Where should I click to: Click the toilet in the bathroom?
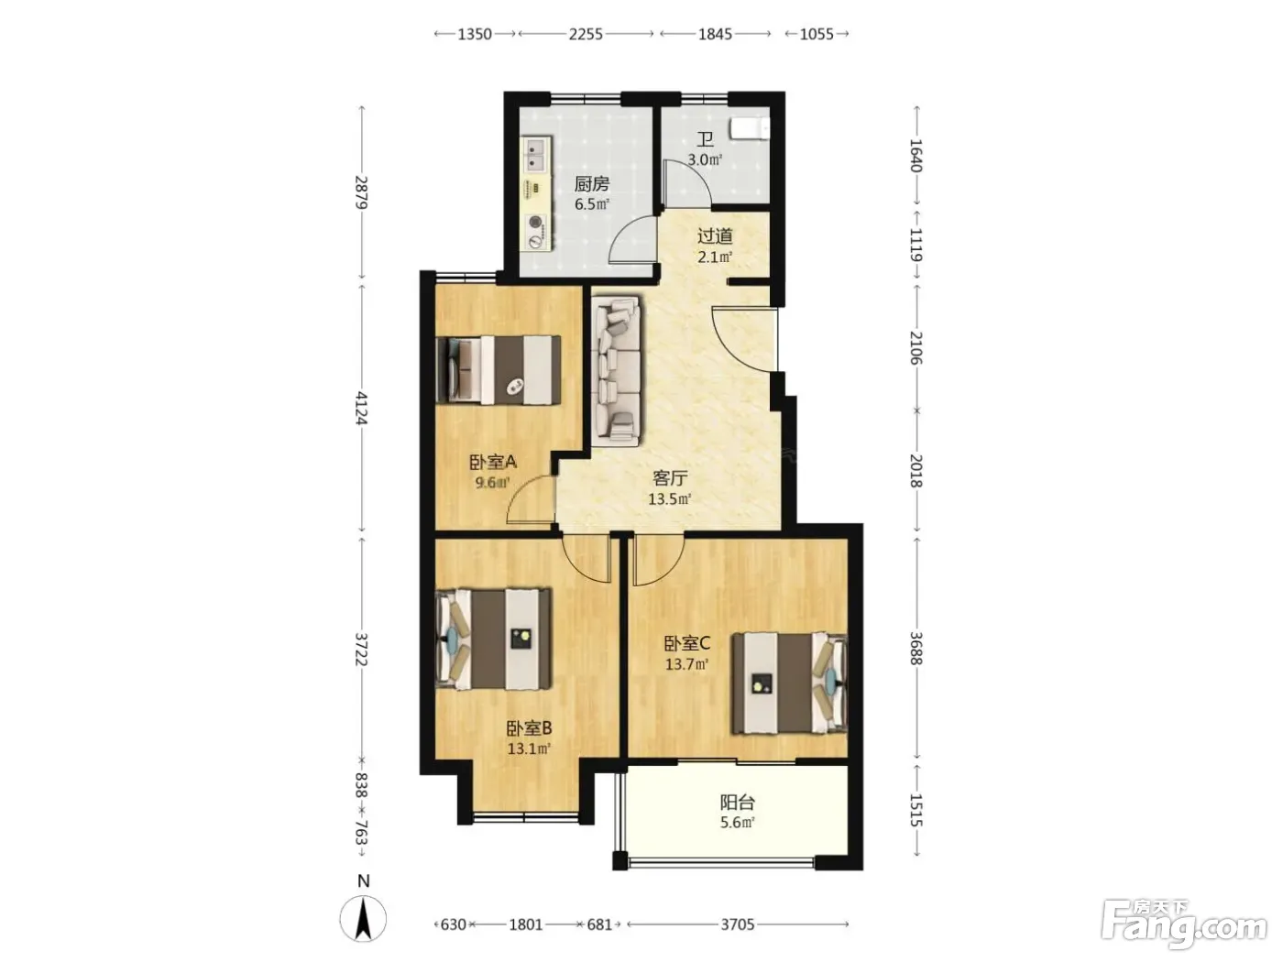[x=750, y=129]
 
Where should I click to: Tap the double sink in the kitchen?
[x=126, y=154]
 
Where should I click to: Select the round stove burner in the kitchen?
[x=126, y=222]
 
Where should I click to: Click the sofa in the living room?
[x=616, y=371]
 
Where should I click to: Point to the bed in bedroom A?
[x=499, y=369]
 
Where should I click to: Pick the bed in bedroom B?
[x=495, y=639]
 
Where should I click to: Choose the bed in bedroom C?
[x=789, y=683]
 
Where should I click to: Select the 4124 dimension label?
[x=362, y=408]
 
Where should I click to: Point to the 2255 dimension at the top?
[x=586, y=34]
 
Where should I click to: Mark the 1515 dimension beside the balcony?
[x=916, y=810]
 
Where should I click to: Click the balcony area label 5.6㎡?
[x=737, y=823]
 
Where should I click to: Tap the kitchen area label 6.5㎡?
[x=592, y=203]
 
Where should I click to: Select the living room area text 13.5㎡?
[x=670, y=498]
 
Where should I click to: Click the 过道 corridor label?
[x=714, y=236]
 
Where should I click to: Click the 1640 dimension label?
[x=916, y=156]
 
